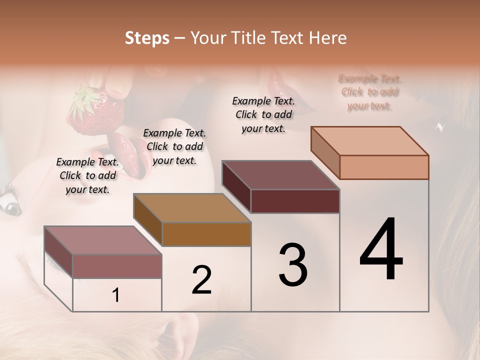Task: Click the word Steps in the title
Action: (147, 38)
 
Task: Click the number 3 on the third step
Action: (293, 265)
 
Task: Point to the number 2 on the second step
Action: (201, 280)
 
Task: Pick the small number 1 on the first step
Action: (116, 295)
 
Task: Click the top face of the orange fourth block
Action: (370, 141)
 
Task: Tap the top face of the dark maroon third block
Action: (281, 175)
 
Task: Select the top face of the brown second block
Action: (192, 208)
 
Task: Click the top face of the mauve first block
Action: (103, 240)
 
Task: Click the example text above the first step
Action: (87, 175)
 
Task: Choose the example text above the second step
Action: (174, 146)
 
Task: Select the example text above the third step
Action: (263, 114)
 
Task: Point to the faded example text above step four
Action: (370, 92)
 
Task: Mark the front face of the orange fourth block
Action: (384, 167)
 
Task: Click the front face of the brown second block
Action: (206, 234)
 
